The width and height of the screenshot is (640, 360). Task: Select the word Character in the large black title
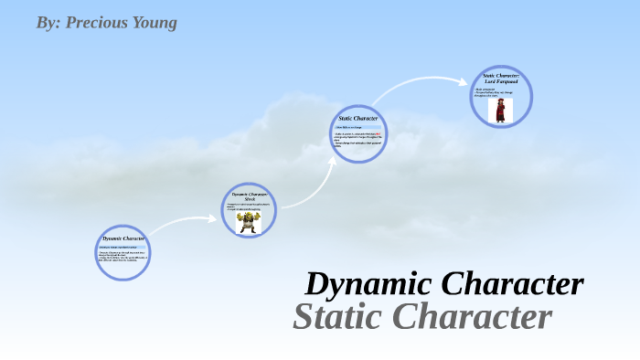coord(511,284)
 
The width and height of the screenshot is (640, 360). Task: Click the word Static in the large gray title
coord(336,317)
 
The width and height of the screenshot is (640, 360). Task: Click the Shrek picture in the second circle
coord(248,222)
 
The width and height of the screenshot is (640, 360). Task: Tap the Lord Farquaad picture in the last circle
coord(501,111)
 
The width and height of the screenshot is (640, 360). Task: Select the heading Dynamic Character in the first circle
coord(123,238)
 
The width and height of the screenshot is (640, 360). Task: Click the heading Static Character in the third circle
coord(357,119)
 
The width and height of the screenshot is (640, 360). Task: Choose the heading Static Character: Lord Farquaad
coord(501,79)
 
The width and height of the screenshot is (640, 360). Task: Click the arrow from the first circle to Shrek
coord(183,223)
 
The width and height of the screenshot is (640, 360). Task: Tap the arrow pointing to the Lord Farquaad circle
coord(421,88)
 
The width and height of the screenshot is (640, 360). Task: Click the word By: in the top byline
coord(48,22)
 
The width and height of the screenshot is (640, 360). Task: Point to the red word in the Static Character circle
coord(377,135)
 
